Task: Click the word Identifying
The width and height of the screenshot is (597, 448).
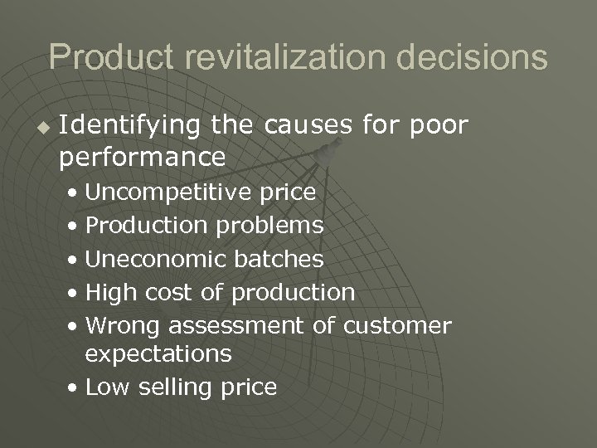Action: pyautogui.click(x=130, y=126)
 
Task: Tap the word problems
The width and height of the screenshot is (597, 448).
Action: pyautogui.click(x=270, y=226)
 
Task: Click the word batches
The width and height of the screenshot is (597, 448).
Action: pyautogui.click(x=278, y=259)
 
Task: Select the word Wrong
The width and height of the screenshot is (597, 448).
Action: pyautogui.click(x=118, y=325)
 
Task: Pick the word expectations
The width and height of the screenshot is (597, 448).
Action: pyautogui.click(x=158, y=354)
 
